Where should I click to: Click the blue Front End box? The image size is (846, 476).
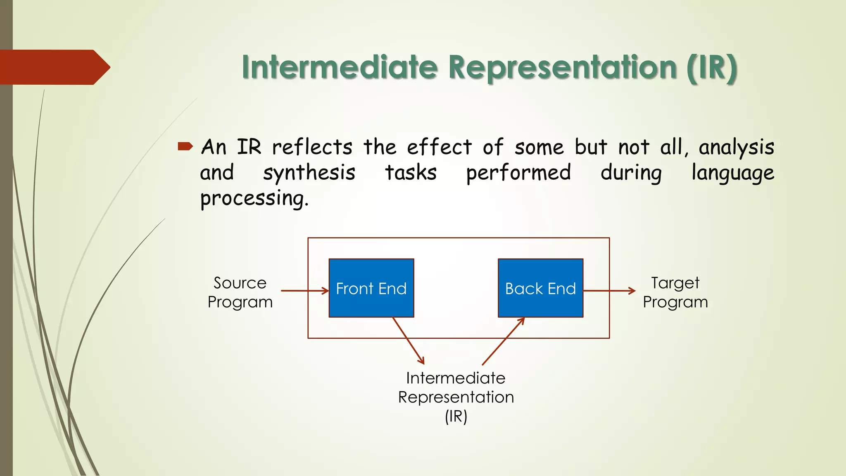[371, 288]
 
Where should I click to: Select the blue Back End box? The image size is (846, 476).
[540, 288]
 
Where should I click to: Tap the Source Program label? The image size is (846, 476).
[240, 292]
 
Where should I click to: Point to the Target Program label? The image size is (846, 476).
[675, 292]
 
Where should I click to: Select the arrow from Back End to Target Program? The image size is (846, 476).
[609, 291]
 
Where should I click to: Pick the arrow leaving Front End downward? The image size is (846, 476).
[408, 340]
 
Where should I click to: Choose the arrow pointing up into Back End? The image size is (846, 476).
[503, 341]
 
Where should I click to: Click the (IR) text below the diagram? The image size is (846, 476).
[456, 416]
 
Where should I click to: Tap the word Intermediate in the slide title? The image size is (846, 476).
[340, 67]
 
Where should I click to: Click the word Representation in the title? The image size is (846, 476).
[562, 67]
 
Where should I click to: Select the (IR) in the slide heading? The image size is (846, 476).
[711, 67]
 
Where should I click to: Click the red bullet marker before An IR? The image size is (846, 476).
[185, 146]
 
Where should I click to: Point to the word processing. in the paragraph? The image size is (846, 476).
[254, 199]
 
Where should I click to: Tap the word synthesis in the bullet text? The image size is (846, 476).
[309, 173]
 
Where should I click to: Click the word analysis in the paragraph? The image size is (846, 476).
[736, 148]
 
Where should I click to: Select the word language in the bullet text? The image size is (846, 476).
[732, 173]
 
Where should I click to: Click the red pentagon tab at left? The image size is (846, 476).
[54, 67]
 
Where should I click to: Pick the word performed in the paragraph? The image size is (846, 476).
[518, 173]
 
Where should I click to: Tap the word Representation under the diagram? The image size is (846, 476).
[456, 397]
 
